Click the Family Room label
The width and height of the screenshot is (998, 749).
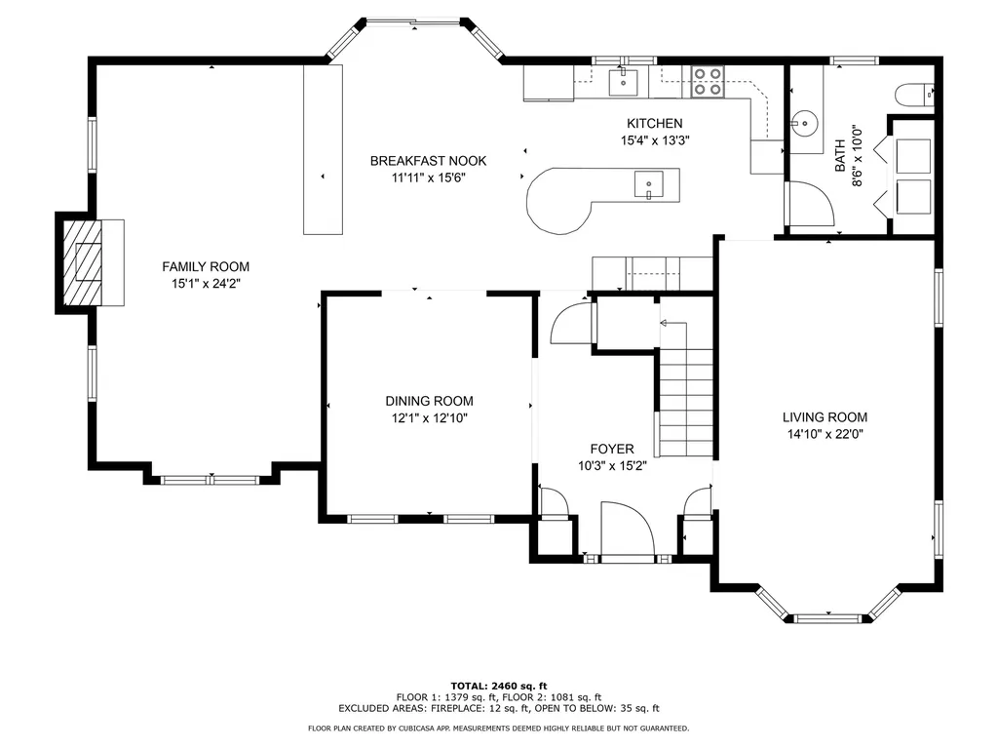(x=206, y=267)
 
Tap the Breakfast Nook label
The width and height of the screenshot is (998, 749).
(x=429, y=161)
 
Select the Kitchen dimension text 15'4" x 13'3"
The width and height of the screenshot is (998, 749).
(x=655, y=140)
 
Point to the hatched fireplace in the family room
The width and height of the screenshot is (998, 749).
(x=82, y=262)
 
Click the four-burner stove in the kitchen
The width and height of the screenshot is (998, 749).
(x=708, y=82)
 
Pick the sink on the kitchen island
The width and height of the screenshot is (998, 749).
(x=648, y=184)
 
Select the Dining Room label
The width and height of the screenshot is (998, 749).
(x=429, y=401)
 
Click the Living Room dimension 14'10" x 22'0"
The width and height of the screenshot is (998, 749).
(x=825, y=434)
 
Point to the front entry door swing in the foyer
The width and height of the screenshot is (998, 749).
(x=628, y=529)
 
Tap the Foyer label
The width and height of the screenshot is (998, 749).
(x=612, y=449)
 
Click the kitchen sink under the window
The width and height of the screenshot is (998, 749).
(x=624, y=82)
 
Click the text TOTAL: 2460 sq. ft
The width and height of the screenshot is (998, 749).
(x=499, y=686)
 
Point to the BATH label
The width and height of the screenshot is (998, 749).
(x=840, y=155)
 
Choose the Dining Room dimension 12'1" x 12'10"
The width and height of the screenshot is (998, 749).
(x=429, y=418)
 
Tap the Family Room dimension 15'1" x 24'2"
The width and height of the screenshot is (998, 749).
(x=206, y=284)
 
